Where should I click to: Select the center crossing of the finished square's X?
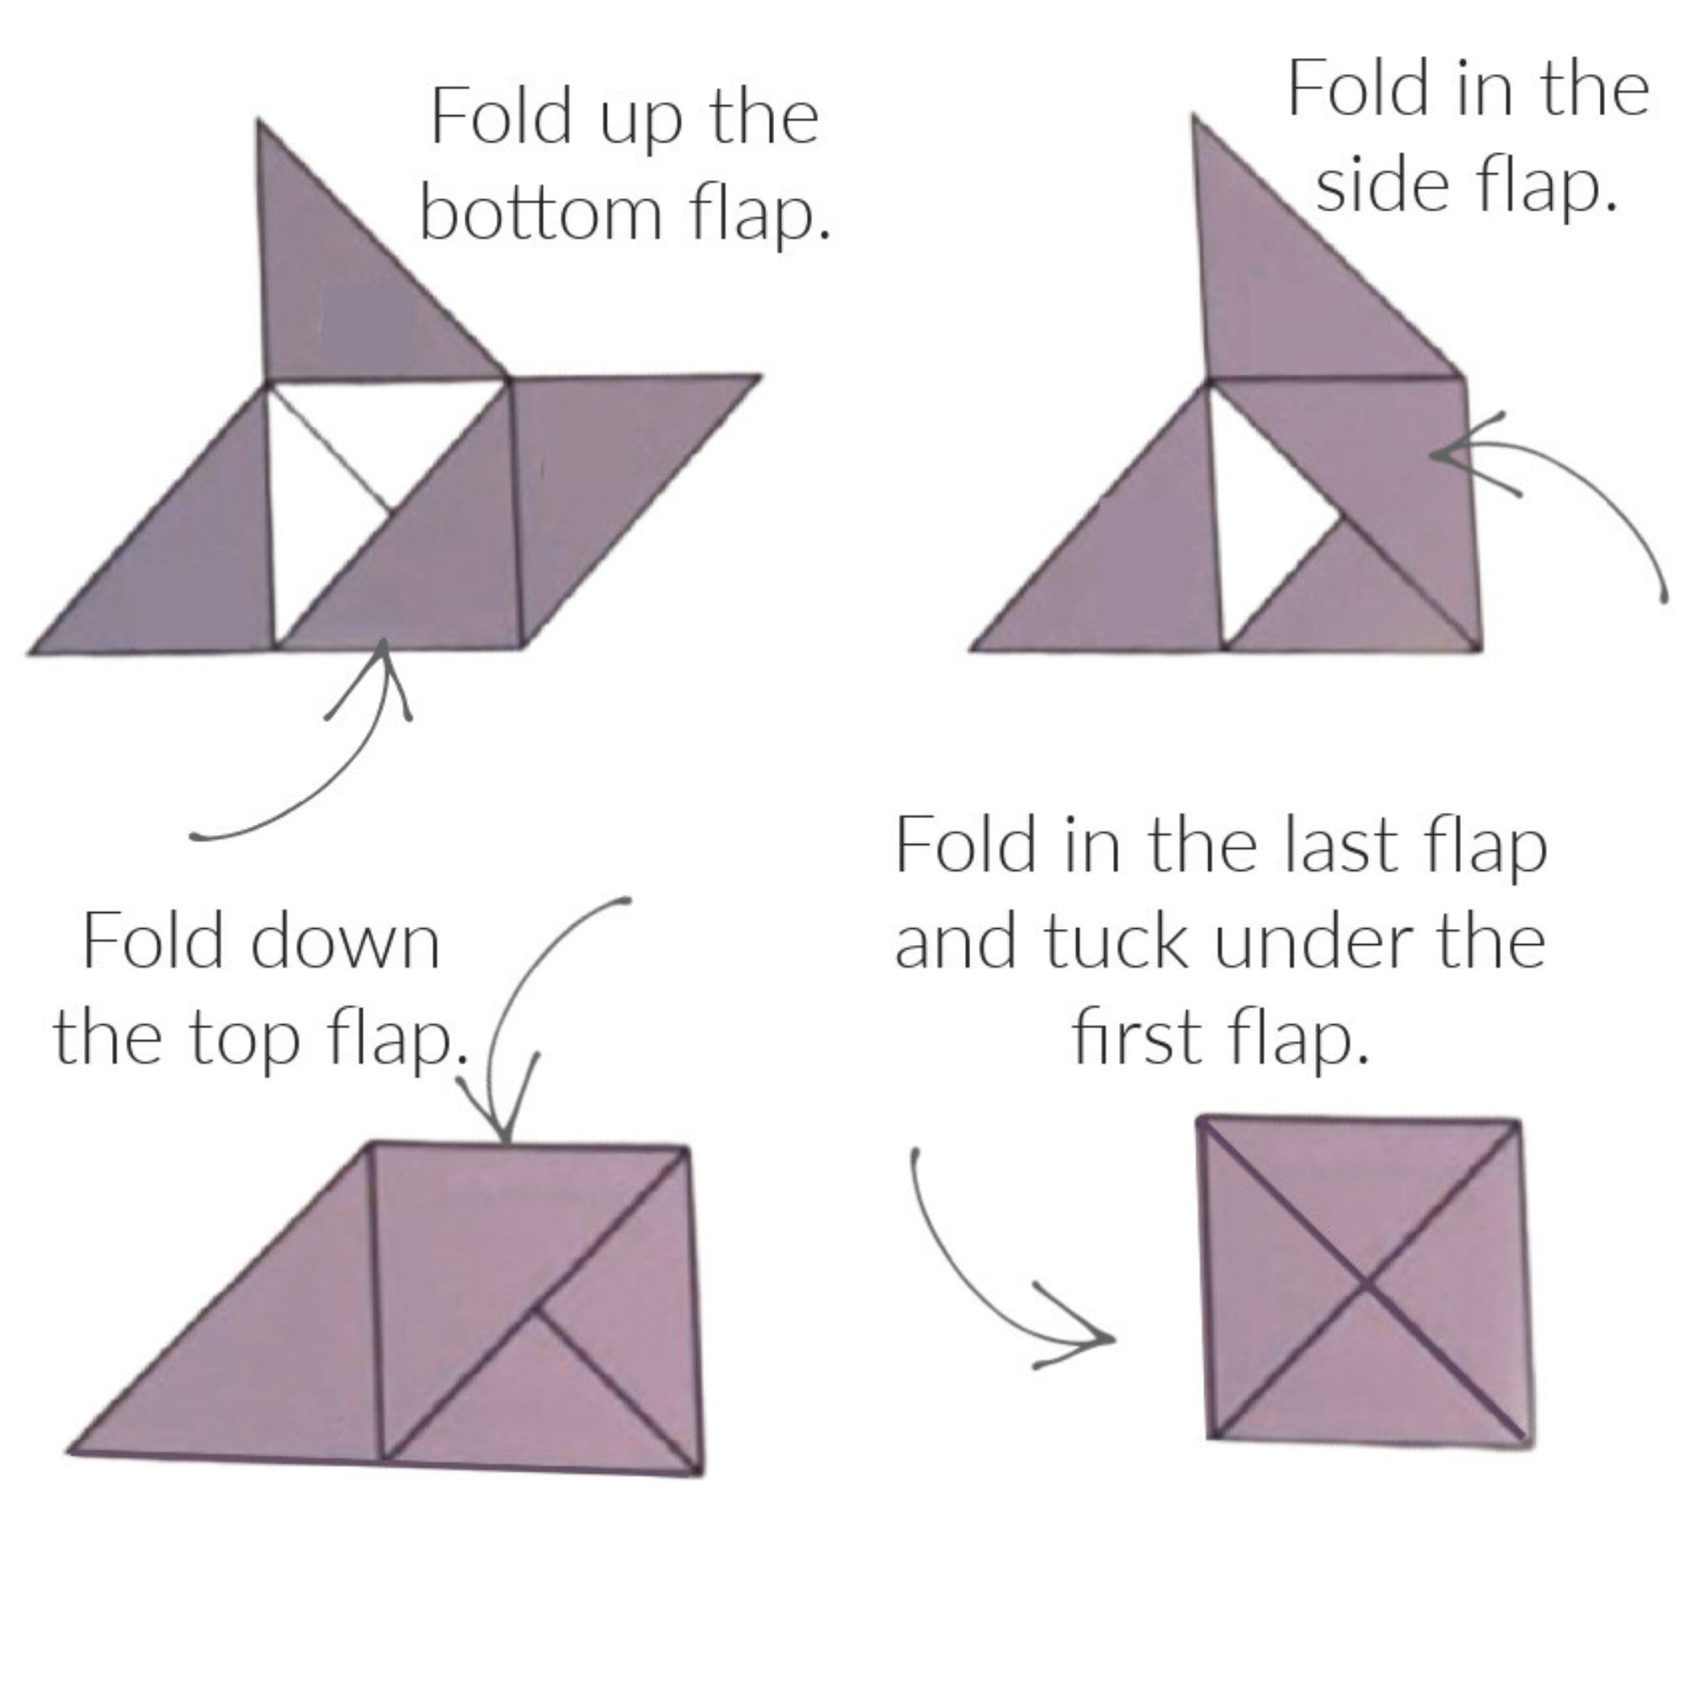pyautogui.click(x=1364, y=1282)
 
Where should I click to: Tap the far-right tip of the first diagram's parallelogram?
pyautogui.click(x=760, y=376)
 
